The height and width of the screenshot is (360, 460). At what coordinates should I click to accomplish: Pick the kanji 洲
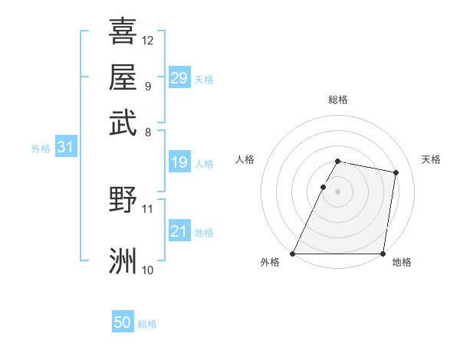coord(123,260)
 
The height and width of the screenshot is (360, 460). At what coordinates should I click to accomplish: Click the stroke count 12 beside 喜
coord(148,40)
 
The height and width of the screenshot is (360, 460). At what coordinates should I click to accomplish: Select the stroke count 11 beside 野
coord(148,208)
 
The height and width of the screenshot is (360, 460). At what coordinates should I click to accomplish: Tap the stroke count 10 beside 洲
coord(148,270)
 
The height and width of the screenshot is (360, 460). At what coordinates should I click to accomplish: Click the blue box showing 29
coord(179,78)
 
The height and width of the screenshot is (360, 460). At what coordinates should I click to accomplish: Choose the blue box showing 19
coord(179,162)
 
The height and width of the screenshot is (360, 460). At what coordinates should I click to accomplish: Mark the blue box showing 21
coord(179,231)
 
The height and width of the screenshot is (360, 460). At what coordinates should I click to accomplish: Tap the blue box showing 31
coord(65,148)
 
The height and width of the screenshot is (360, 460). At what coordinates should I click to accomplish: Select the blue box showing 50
coord(123,323)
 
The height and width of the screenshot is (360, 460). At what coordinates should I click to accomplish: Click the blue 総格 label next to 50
coord(147,324)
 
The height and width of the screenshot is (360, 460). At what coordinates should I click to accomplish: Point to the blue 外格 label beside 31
coord(41,149)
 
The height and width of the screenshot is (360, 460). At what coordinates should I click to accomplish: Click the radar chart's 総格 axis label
coord(338,100)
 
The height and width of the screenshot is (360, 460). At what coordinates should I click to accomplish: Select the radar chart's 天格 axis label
coord(431,159)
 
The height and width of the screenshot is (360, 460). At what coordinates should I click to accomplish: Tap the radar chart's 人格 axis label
coord(245,159)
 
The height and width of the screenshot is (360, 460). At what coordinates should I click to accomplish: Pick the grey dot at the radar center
coord(338,191)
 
